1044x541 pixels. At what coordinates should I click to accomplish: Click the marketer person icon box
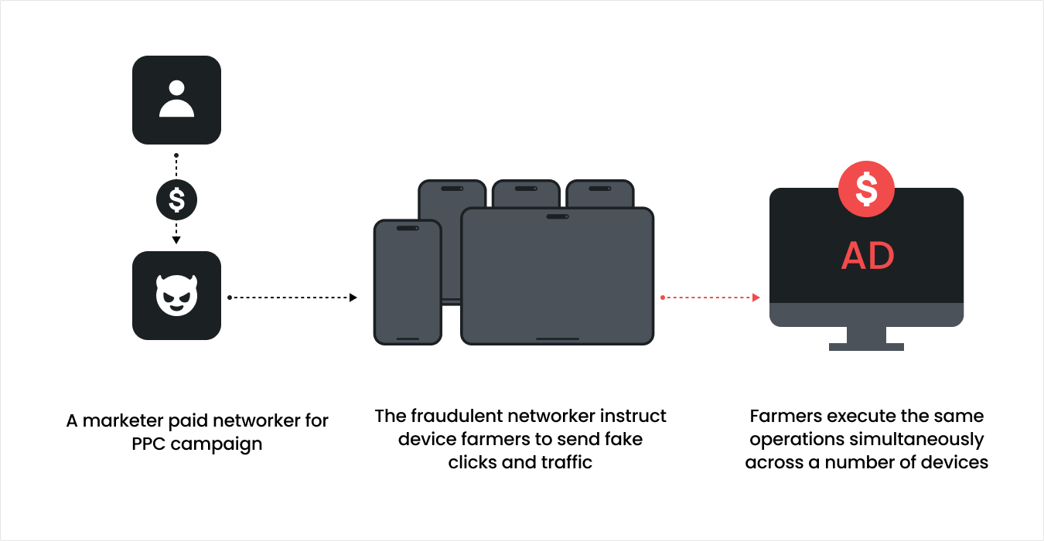pyautogui.click(x=176, y=100)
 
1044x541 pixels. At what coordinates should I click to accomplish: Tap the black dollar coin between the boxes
pyautogui.click(x=176, y=201)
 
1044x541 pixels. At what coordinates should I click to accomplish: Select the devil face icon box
pyautogui.click(x=176, y=295)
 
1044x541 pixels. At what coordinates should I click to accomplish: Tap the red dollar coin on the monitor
pyautogui.click(x=866, y=188)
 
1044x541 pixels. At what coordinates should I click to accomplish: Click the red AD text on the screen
pyautogui.click(x=867, y=256)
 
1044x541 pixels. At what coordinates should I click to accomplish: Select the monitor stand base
pyautogui.click(x=866, y=346)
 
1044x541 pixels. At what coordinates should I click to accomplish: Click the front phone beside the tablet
pyautogui.click(x=408, y=282)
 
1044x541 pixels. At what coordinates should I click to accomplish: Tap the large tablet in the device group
pyautogui.click(x=557, y=276)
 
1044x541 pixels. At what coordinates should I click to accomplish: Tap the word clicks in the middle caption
pyautogui.click(x=472, y=462)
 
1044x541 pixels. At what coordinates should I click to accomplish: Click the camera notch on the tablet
pyautogui.click(x=557, y=216)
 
